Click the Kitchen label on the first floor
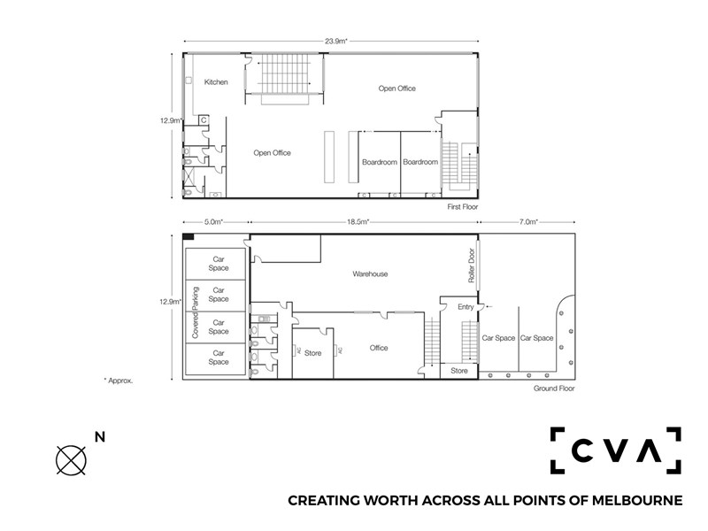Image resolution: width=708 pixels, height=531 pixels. (x=216, y=82)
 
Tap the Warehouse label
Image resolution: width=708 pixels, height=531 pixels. (x=370, y=274)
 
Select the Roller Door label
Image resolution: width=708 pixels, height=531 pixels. (x=472, y=265)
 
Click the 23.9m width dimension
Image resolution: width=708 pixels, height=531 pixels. (x=336, y=41)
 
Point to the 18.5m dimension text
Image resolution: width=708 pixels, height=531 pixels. (x=358, y=222)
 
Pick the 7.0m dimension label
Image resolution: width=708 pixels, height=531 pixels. (x=527, y=222)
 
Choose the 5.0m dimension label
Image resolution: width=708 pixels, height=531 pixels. (x=213, y=222)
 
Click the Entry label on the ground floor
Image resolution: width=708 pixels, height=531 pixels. (x=466, y=307)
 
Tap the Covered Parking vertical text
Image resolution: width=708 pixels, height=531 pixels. (x=196, y=312)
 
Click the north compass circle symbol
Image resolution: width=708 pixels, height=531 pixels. (x=71, y=460)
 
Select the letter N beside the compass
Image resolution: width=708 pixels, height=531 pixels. (x=100, y=437)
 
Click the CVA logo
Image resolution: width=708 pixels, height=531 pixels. (x=615, y=450)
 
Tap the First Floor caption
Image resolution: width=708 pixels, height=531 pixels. (x=462, y=207)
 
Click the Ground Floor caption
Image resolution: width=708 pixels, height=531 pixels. (x=554, y=389)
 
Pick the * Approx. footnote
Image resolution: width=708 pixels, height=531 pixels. (x=119, y=381)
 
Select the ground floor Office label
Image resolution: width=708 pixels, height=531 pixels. (x=379, y=348)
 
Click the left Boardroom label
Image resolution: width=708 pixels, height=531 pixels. (x=380, y=162)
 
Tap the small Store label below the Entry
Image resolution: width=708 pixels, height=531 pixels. (x=459, y=371)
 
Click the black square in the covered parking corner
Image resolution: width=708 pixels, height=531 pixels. (x=189, y=236)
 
